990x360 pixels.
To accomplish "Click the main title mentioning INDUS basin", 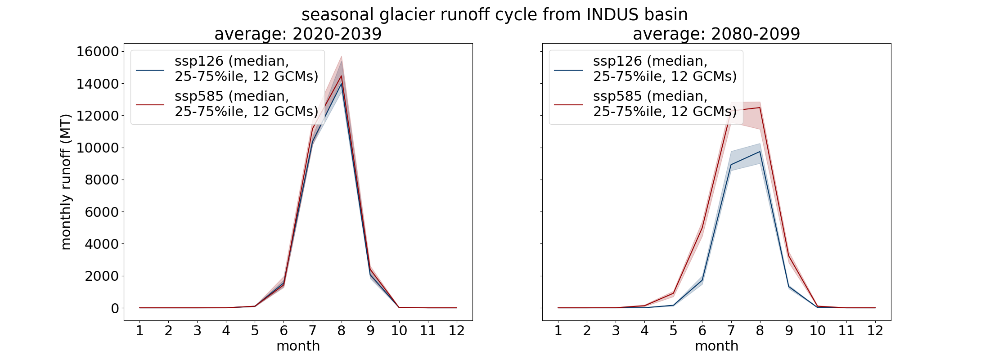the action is coord(495,15).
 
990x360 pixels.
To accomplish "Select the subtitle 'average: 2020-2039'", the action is coord(298,34).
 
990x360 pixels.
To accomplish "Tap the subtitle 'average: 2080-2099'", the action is coord(716,34).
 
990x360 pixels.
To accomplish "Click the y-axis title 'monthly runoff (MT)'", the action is coord(66,182).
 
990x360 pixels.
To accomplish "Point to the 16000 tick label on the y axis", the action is coord(97,52).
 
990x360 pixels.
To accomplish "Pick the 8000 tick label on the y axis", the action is coord(102,180).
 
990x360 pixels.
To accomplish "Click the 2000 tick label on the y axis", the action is coord(102,276).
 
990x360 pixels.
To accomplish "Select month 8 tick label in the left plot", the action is coord(341,331).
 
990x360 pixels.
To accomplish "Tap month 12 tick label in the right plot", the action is coord(875,331).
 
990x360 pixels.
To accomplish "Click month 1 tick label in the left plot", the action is coord(139,331).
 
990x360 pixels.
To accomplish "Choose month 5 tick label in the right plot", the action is coord(673,331).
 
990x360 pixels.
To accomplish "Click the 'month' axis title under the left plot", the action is coord(298,346).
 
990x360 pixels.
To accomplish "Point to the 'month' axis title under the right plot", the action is coord(716,346).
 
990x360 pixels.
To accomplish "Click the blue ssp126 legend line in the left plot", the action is coord(150,70).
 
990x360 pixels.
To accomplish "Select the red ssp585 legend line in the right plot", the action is coord(568,105).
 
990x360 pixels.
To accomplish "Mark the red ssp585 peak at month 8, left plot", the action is coord(341,76).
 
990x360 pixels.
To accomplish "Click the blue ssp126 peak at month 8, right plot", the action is coord(760,152).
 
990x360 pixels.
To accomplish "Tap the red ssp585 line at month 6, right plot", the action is coord(702,228).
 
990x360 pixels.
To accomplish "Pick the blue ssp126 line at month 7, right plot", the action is coord(731,165).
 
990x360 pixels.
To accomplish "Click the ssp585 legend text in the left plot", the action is coord(247,104).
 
